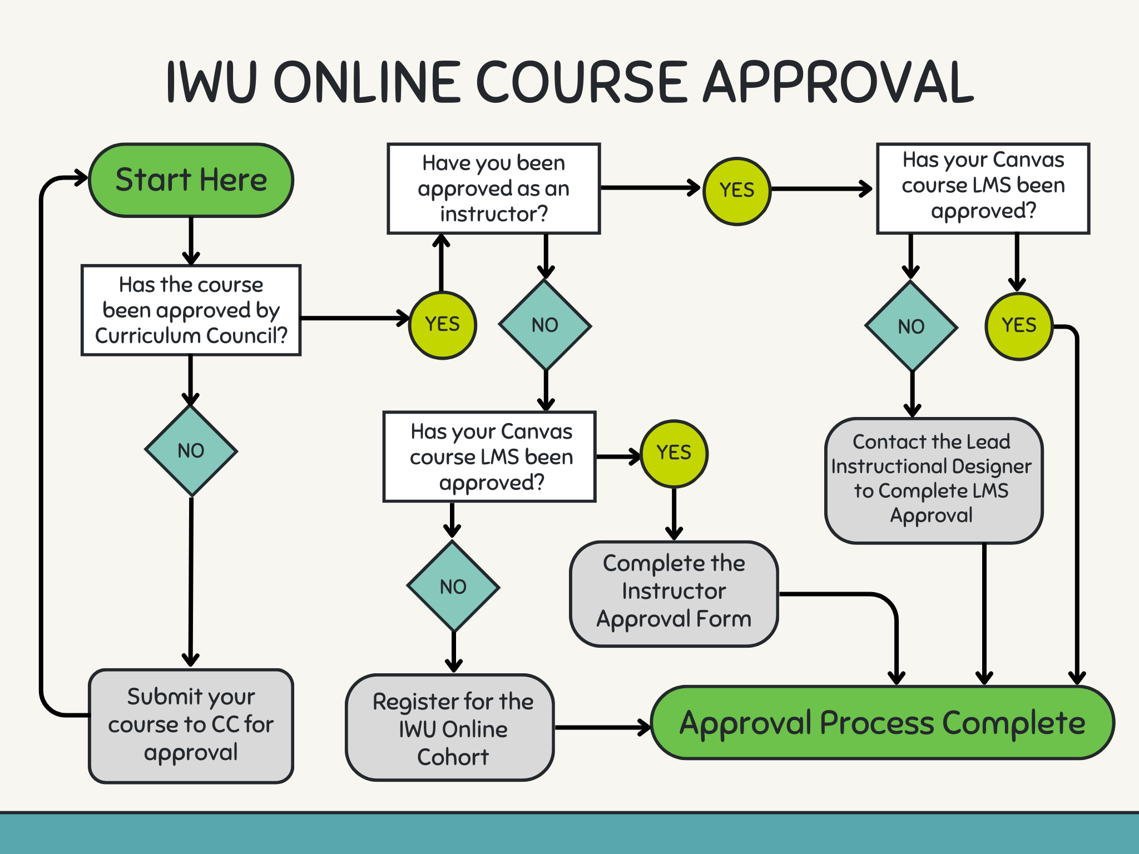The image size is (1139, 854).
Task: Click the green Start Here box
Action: point(191,180)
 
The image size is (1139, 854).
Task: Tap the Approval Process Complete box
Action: point(882,723)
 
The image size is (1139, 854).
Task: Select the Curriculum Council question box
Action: point(191,310)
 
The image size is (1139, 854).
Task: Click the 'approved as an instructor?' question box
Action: point(493,188)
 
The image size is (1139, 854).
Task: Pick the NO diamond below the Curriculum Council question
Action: point(191,450)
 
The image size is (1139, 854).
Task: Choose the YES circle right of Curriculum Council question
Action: point(442,325)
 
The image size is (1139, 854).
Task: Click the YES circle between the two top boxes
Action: point(737,191)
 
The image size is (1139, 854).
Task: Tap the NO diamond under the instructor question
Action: point(545,325)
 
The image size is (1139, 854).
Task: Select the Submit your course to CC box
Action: point(191,725)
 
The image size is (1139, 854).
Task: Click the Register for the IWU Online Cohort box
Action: point(452,728)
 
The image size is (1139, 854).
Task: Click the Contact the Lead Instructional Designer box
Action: point(933,479)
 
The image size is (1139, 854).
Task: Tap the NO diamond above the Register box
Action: point(453,587)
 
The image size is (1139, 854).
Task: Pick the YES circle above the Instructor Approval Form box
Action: point(674,453)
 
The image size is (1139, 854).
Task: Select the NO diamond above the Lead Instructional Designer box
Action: point(911,326)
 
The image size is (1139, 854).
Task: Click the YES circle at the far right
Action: point(1019,326)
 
